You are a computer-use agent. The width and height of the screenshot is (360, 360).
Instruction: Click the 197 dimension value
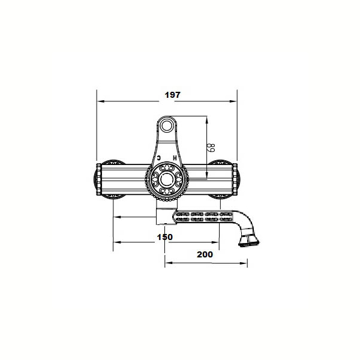pyautogui.click(x=173, y=95)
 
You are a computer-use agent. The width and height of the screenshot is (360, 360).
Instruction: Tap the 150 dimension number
pyautogui.click(x=165, y=237)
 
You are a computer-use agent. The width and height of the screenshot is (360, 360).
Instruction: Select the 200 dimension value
pyautogui.click(x=205, y=254)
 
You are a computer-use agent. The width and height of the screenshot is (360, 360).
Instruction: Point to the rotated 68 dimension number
pyautogui.click(x=211, y=148)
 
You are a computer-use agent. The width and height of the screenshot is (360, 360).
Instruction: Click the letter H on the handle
pyautogui.click(x=175, y=158)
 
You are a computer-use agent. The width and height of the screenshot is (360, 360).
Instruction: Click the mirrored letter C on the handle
pyautogui.click(x=159, y=158)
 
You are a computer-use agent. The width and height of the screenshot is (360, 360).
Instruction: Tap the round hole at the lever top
pyautogui.click(x=167, y=126)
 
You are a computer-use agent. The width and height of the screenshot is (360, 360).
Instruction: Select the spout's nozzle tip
pyautogui.click(x=248, y=242)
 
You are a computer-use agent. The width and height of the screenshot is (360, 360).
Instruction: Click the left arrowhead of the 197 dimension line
pyautogui.click(x=101, y=101)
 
